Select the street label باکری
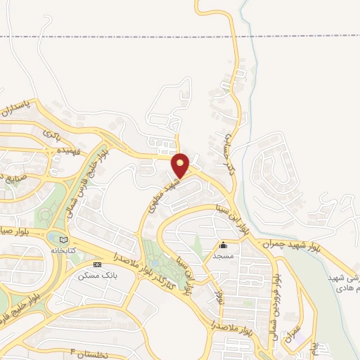pos(53,132)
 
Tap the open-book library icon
pos(65,240)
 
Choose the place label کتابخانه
pos(65,250)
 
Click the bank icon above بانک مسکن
pos(97,264)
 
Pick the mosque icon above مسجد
pos(224,245)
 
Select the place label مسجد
pos(224,255)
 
